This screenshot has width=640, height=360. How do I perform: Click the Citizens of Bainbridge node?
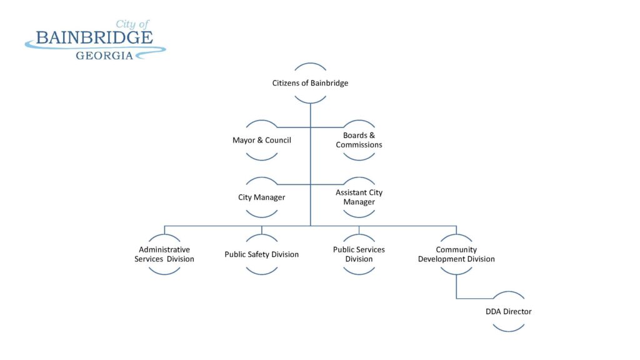pos(310,83)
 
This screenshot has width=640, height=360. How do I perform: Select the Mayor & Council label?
pos(261,140)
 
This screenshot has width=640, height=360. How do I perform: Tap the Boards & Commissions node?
pos(359,140)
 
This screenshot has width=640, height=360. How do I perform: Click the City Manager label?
pos(261,197)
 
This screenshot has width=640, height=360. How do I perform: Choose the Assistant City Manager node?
pos(359,197)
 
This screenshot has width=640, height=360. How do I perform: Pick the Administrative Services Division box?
pos(164,254)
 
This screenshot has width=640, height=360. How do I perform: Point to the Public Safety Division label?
pos(261,254)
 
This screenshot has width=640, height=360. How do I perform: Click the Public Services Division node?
pos(359,254)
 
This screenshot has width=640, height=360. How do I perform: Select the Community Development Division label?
pos(456,254)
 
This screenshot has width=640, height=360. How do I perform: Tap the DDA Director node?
pos(509,311)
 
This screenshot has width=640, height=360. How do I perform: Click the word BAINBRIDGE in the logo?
pos(94,37)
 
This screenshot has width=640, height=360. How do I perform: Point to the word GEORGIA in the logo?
pos(104,56)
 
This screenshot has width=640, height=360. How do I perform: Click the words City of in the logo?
pos(132,24)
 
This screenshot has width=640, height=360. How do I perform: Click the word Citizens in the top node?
pos(286,83)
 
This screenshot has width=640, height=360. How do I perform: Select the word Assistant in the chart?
pos(351,192)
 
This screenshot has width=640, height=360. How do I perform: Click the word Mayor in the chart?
pos(243,140)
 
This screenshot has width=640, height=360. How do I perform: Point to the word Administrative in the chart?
pos(164,249)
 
